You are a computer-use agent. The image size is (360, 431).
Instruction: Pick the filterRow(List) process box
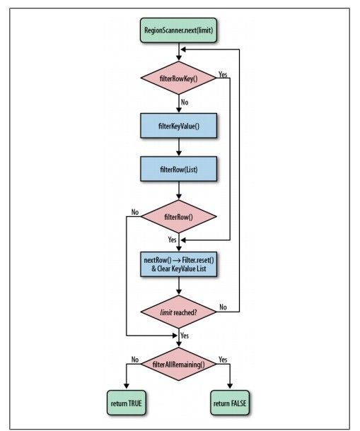pos(180,170)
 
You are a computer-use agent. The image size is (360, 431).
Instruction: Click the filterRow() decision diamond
pos(180,219)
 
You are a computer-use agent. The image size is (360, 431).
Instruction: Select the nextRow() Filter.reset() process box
pos(180,264)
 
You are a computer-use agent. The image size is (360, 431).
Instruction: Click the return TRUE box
pos(125,406)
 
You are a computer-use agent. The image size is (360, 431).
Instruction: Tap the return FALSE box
pos(233,406)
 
